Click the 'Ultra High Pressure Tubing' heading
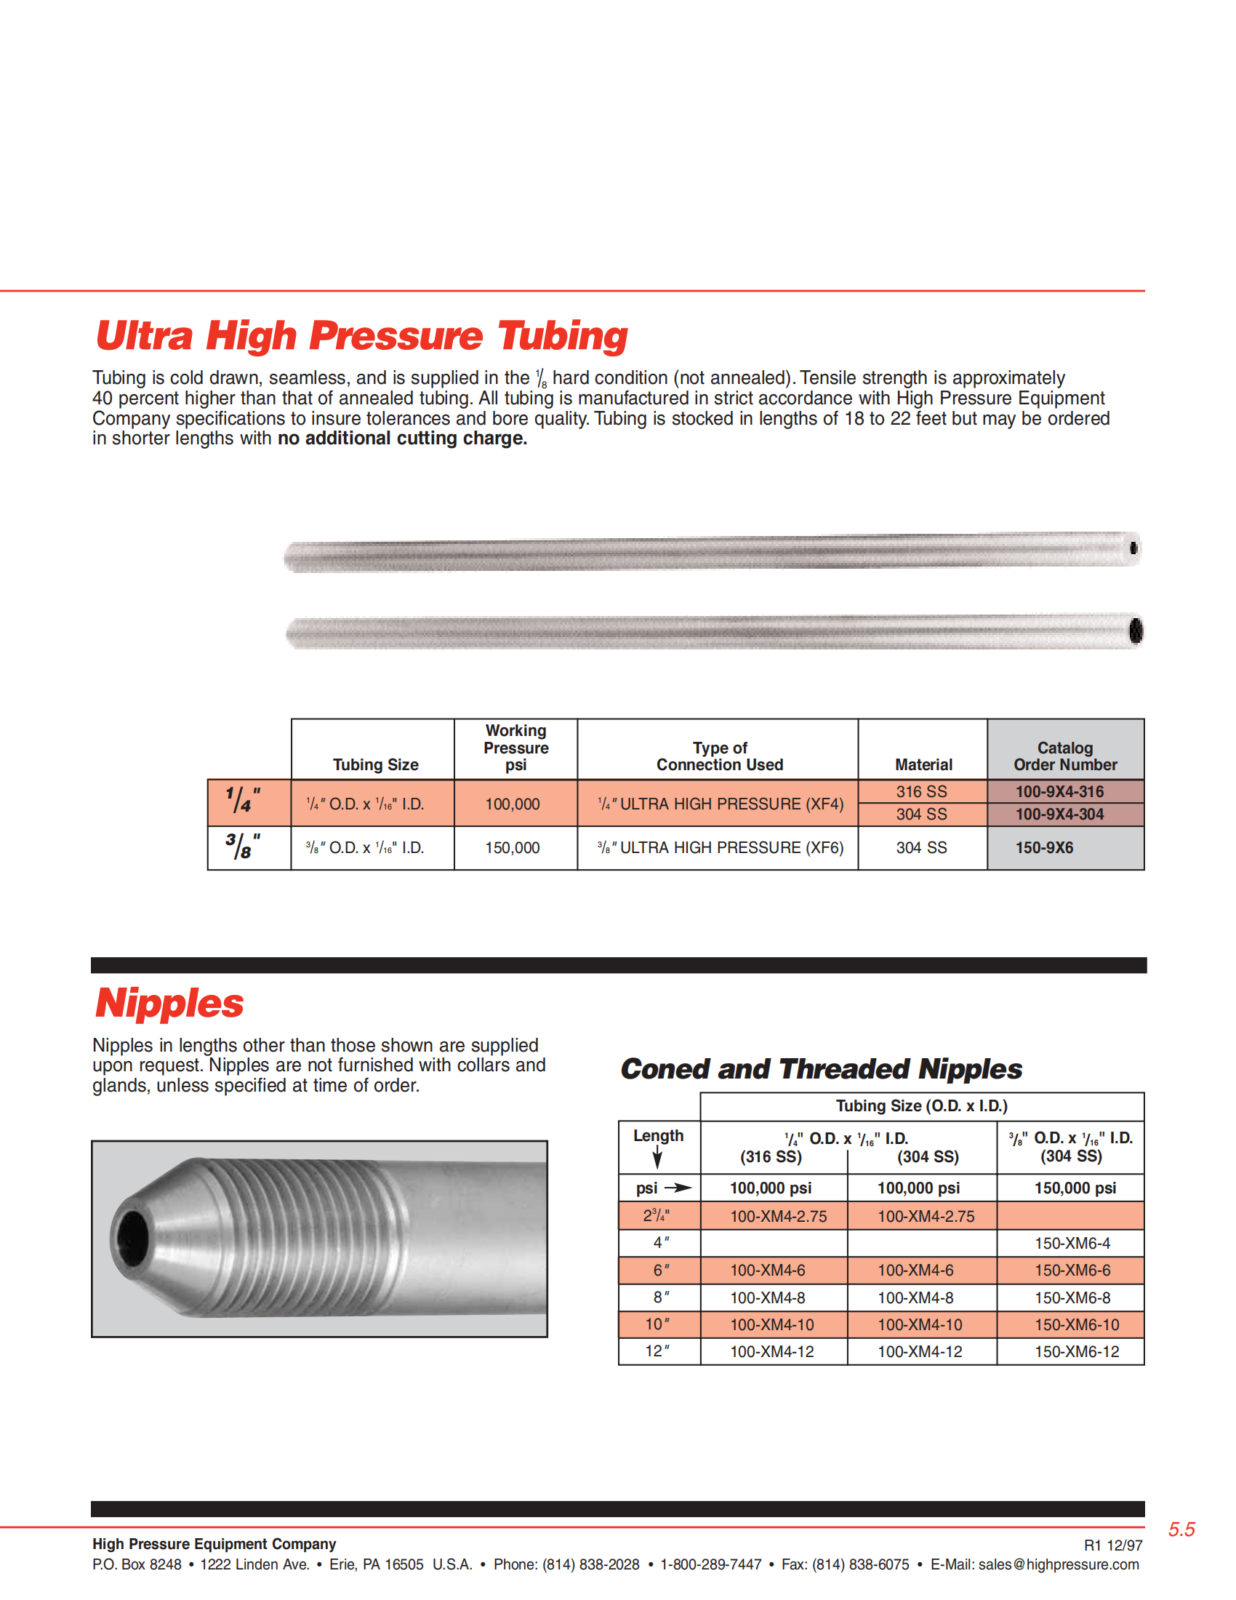362,336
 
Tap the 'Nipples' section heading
169,1003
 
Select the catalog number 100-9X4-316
1059,791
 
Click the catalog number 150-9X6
1044,847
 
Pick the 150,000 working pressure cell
513,847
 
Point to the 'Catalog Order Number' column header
1065,756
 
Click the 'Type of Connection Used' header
720,756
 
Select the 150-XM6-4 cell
1072,1243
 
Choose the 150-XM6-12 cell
1076,1352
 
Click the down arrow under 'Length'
657,1159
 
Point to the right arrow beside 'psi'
678,1188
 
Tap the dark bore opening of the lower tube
1136,630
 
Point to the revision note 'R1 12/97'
1113,1545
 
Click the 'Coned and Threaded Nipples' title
821,1069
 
